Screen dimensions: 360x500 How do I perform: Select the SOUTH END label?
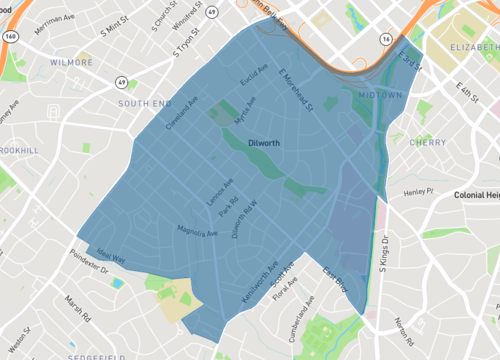click(x=145, y=103)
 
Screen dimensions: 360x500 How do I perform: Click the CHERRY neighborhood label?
click(x=428, y=143)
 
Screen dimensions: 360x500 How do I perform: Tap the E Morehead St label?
click(x=295, y=89)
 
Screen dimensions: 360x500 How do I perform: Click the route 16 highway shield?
click(x=385, y=37)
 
